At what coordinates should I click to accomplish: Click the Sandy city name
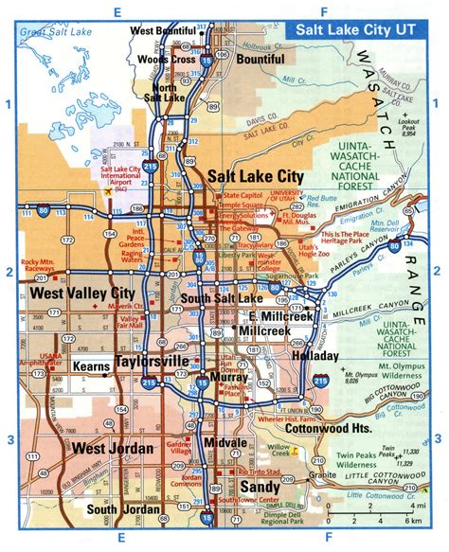coord(258,486)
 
